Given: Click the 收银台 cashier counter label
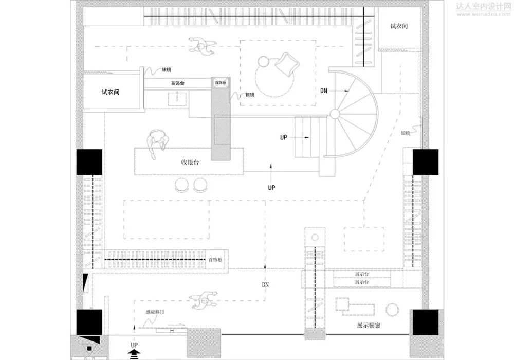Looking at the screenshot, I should pyautogui.click(x=190, y=162).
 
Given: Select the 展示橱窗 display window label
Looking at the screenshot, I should pyautogui.click(x=369, y=326).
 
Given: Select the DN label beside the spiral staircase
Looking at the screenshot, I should pyautogui.click(x=324, y=91).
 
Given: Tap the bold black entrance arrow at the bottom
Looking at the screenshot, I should pyautogui.click(x=134, y=353).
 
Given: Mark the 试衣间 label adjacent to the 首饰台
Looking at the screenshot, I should pyautogui.click(x=111, y=93).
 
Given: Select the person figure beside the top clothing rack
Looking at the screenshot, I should pyautogui.click(x=203, y=46).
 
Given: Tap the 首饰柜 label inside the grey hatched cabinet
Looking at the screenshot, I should pyautogui.click(x=220, y=83).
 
